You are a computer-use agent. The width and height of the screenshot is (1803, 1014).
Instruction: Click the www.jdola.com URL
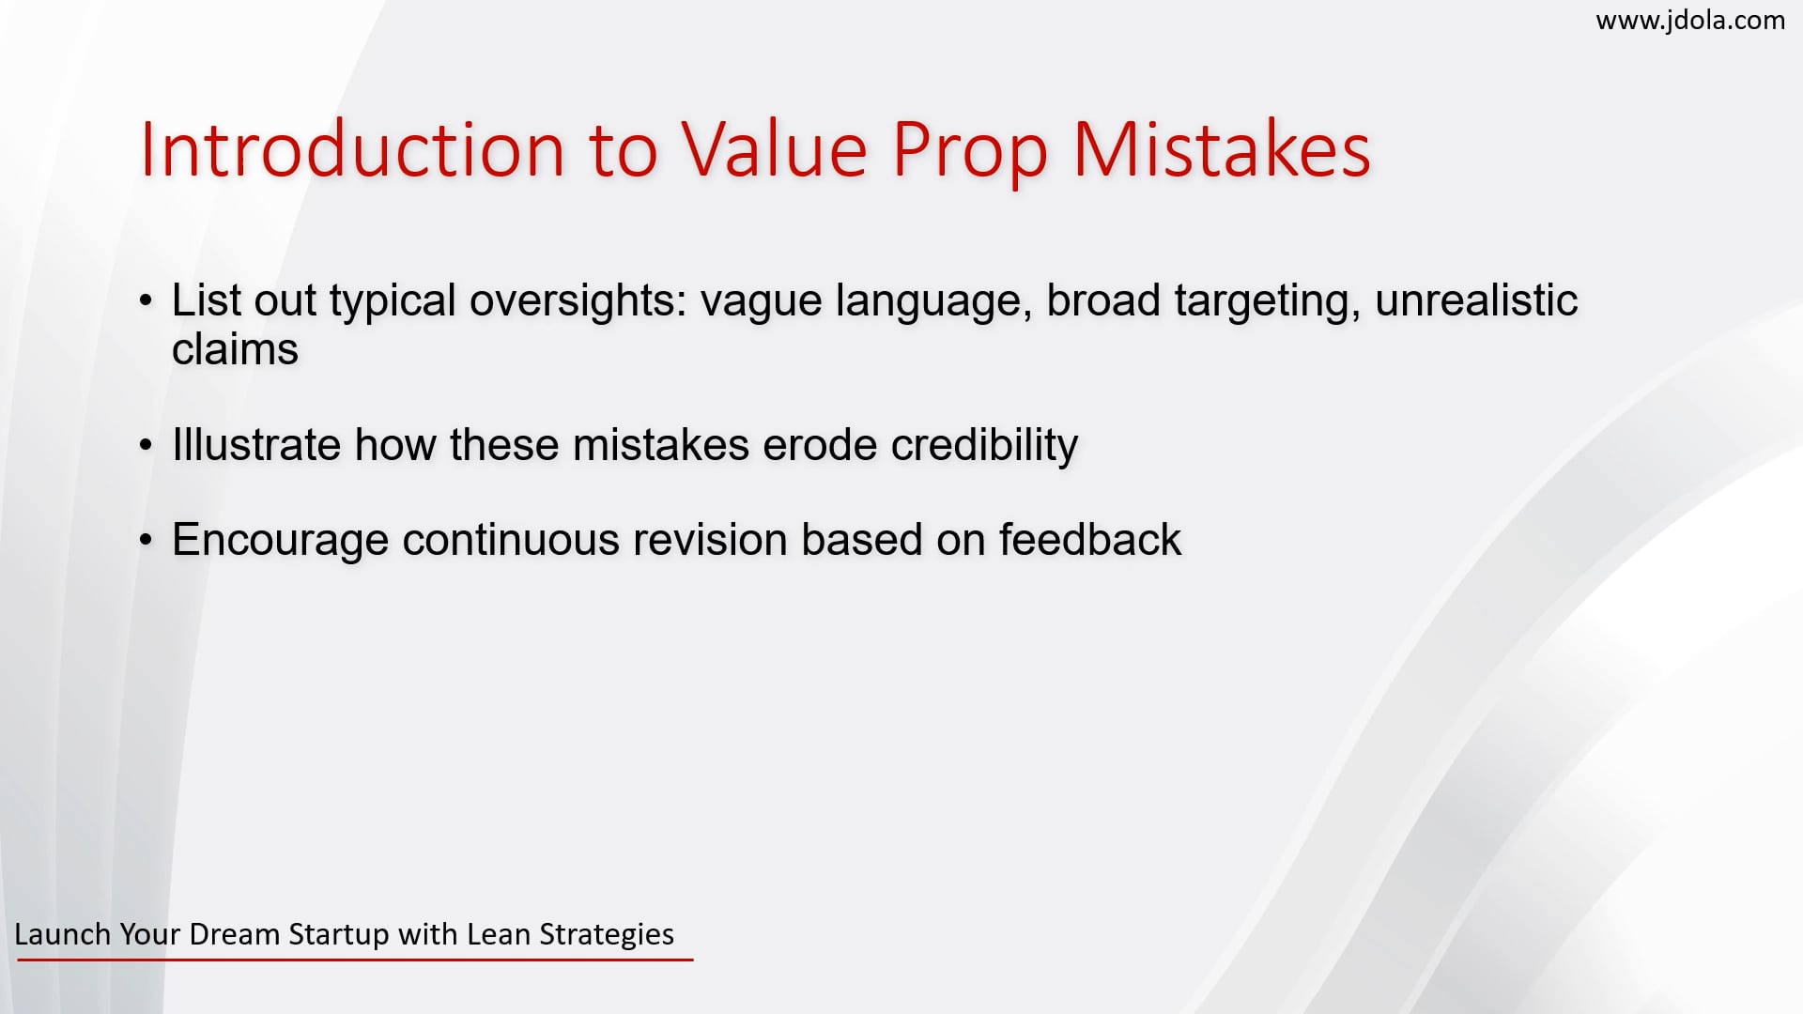pyautogui.click(x=1689, y=21)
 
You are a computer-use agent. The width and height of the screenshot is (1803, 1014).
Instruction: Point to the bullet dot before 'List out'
pyautogui.click(x=146, y=301)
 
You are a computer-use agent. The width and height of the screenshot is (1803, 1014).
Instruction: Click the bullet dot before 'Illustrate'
pyautogui.click(x=146, y=445)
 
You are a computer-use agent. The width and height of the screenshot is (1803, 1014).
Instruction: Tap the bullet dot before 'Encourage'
pyautogui.click(x=146, y=540)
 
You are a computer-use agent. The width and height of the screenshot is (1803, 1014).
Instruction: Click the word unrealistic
pyautogui.click(x=1476, y=301)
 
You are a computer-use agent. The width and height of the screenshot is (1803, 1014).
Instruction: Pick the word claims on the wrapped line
pyautogui.click(x=235, y=350)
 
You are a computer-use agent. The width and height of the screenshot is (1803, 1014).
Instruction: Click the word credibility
pyautogui.click(x=984, y=445)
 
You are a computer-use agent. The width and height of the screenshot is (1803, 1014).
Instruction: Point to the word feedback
pyautogui.click(x=1089, y=540)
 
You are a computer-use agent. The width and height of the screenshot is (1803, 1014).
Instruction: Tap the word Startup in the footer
pyautogui.click(x=339, y=935)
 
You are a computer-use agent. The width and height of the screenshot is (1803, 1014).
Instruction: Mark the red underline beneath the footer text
pyautogui.click(x=355, y=960)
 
